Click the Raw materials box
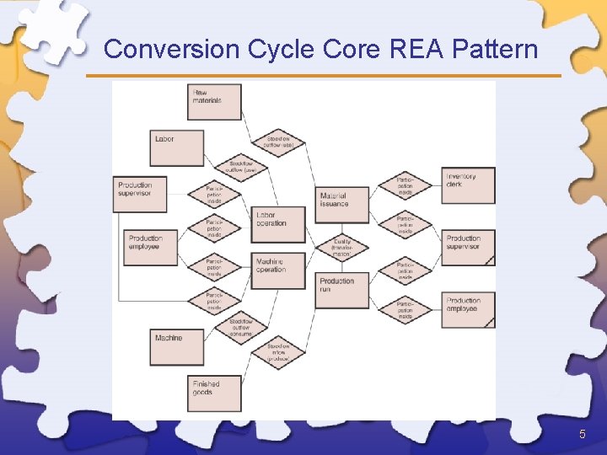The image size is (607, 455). coord(214,101)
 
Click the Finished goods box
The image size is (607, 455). coord(214,393)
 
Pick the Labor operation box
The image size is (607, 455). coord(277,222)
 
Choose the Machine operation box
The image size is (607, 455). coord(277,270)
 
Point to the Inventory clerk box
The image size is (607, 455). coord(468,185)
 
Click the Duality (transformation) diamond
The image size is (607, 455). coord(341,247)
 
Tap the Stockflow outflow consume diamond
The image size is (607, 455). coord(241,328)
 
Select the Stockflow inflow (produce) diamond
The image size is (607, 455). coord(278,352)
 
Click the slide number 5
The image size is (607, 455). coord(582,434)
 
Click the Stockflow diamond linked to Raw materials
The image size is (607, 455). coord(278,142)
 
